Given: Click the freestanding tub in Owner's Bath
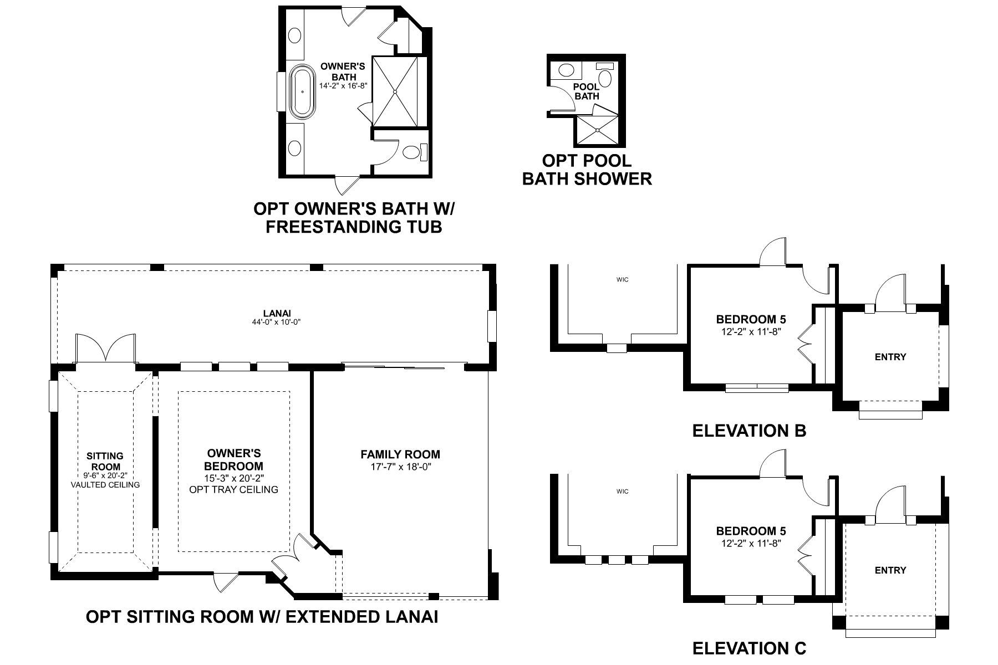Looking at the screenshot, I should (x=302, y=91).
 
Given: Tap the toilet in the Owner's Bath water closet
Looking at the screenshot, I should (x=411, y=152).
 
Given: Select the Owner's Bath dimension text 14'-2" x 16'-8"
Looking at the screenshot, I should (x=344, y=86).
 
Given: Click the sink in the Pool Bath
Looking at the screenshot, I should (x=566, y=70).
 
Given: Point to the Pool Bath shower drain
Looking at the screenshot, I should (x=598, y=130).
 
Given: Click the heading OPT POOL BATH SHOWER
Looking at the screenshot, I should (x=587, y=170).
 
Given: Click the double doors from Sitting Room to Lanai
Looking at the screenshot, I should (x=105, y=349).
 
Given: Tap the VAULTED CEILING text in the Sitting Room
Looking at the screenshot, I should (x=105, y=484).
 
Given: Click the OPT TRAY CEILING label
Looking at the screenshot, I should (x=233, y=489).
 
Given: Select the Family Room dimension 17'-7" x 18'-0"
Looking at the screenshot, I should (x=400, y=467).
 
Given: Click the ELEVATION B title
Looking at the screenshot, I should (x=749, y=430).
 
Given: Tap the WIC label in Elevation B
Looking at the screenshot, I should (x=622, y=280).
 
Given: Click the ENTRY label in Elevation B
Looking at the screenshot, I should (x=890, y=357).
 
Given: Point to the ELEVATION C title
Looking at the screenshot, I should (x=749, y=648).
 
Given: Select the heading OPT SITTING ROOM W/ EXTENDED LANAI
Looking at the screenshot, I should (x=262, y=617).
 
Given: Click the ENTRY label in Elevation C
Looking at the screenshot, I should (x=890, y=570).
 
